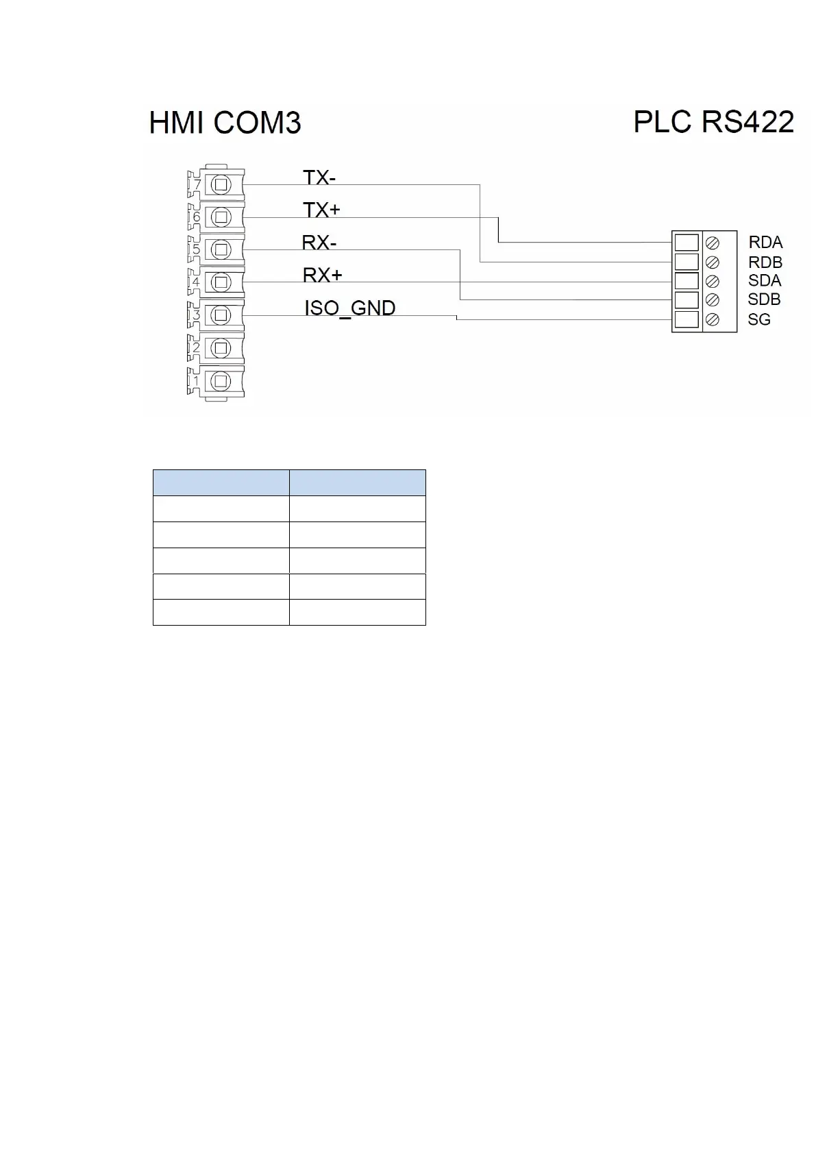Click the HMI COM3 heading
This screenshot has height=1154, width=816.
pyautogui.click(x=225, y=123)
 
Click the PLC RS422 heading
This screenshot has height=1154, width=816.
pyautogui.click(x=713, y=122)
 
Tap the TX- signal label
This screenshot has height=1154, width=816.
pyautogui.click(x=319, y=177)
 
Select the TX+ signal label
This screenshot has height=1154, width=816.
pyautogui.click(x=321, y=210)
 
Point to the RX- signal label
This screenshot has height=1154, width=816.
pyautogui.click(x=319, y=243)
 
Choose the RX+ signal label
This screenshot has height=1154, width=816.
pyautogui.click(x=322, y=275)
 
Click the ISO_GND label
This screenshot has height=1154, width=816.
pyautogui.click(x=349, y=308)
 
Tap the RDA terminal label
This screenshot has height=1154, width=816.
pyautogui.click(x=765, y=243)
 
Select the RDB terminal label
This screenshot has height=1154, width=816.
pyautogui.click(x=765, y=262)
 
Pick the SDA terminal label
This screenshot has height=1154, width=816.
pyautogui.click(x=765, y=280)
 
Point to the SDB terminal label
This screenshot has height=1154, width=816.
pyautogui.click(x=764, y=299)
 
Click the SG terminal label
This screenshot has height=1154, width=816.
pyautogui.click(x=759, y=319)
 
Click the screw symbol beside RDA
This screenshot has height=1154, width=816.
pyautogui.click(x=713, y=243)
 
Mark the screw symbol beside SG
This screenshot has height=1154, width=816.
pyautogui.click(x=713, y=319)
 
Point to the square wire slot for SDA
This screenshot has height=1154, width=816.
pyautogui.click(x=687, y=281)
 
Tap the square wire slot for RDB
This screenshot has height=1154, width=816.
pyautogui.click(x=687, y=262)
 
